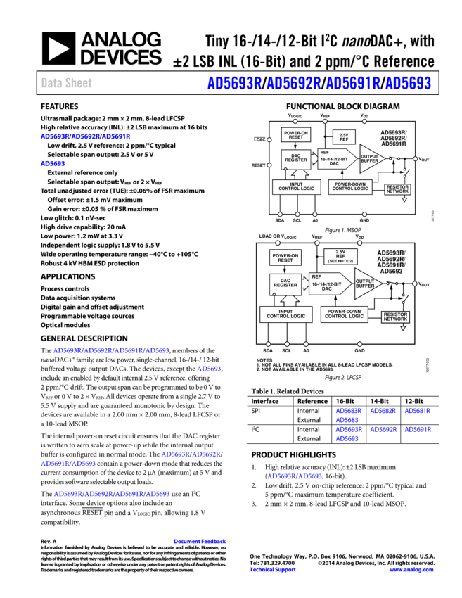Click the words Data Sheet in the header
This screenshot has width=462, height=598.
point(66,83)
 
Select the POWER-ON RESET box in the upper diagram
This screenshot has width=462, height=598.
point(296,135)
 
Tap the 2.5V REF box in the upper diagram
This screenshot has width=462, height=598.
point(344,137)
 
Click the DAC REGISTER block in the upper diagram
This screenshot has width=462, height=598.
point(296,160)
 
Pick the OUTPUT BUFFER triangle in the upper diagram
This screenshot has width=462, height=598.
point(370,159)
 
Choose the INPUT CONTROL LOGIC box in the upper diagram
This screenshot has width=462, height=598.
point(296,186)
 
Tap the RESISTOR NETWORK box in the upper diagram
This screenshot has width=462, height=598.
point(397,189)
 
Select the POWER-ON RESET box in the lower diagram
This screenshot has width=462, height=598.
point(285,258)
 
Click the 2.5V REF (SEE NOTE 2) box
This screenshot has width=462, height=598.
point(340,257)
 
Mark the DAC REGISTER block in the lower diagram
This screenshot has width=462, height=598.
point(285,284)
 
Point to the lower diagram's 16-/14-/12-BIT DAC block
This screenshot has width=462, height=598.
point(329,284)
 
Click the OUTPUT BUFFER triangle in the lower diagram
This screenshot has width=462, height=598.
point(366,284)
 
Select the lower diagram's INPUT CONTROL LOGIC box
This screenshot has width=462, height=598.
point(285,314)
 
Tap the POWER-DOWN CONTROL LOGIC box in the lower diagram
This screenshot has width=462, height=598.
point(345,314)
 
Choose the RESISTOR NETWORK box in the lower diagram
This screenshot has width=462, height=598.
point(395,317)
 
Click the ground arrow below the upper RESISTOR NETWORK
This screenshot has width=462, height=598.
point(404,201)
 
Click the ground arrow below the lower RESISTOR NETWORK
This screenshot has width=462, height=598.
point(404,328)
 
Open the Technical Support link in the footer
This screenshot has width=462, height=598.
point(272,570)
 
